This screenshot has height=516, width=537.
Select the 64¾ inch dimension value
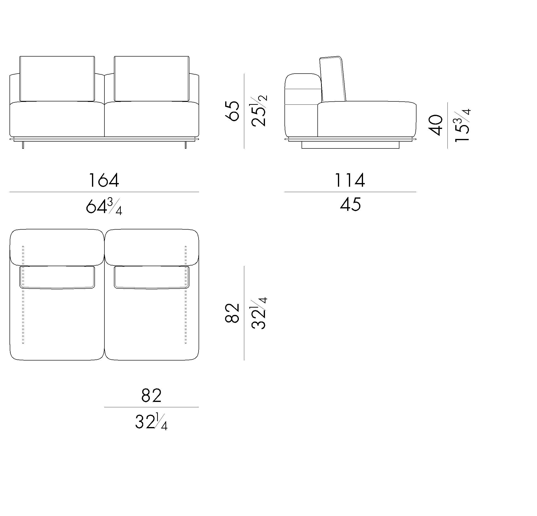[104, 206]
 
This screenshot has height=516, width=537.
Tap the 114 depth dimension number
[350, 180]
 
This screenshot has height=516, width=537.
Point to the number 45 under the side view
[350, 204]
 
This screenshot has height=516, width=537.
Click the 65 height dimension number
[232, 111]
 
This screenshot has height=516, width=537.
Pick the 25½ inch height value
[258, 111]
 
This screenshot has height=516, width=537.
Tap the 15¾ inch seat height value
[462, 125]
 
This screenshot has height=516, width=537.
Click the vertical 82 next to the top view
[232, 313]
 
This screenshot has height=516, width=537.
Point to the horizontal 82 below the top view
[152, 395]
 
